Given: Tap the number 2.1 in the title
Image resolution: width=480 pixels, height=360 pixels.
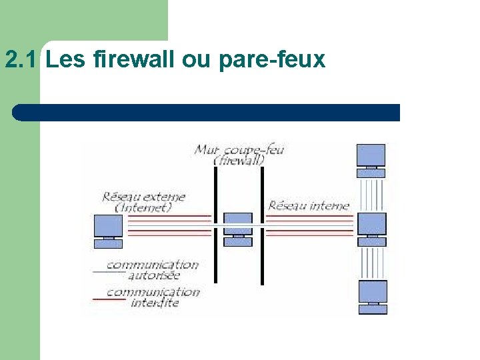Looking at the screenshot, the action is click(23, 60).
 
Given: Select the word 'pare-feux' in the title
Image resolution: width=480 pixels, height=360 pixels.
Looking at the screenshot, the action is click(271, 61).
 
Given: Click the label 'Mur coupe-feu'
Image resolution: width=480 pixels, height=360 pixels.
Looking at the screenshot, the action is click(239, 149).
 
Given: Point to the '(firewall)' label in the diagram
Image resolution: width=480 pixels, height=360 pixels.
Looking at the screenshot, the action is click(239, 160).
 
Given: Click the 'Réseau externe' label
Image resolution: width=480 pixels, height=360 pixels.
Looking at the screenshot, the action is click(143, 197).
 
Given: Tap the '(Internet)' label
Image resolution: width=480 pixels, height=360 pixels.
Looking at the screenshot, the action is click(143, 207).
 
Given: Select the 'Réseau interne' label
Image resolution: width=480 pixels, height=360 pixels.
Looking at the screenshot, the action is click(308, 205).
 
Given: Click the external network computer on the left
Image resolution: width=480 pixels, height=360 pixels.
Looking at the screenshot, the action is click(108, 231).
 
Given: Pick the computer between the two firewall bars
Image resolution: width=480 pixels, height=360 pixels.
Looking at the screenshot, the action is click(237, 229).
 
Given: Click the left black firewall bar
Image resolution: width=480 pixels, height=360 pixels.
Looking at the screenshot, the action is click(215, 227).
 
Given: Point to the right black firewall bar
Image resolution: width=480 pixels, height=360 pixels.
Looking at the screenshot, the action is click(262, 227).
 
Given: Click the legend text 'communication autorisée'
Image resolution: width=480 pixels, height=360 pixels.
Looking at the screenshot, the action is click(153, 269).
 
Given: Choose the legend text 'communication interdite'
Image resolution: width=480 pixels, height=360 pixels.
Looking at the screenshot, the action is click(153, 297).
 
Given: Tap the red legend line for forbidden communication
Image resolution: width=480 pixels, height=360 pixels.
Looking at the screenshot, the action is click(109, 299).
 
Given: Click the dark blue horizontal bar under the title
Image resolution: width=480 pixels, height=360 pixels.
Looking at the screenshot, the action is click(207, 112).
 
